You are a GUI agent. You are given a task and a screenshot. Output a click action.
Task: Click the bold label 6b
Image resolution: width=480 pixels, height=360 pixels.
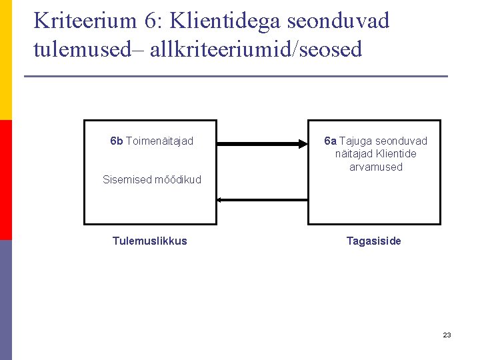117,141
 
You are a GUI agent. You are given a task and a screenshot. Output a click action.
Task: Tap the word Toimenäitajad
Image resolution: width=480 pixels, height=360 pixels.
159,141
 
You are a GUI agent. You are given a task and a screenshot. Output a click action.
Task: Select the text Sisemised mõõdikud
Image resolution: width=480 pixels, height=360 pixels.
152,179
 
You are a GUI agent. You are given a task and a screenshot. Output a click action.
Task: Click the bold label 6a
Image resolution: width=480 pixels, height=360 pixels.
330,141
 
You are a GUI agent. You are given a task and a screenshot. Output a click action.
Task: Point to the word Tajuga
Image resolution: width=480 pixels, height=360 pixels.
356,141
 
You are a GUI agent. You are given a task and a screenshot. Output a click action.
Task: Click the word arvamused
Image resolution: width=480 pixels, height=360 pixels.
376,167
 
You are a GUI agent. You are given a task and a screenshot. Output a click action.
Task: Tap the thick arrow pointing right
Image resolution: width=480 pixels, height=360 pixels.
262,144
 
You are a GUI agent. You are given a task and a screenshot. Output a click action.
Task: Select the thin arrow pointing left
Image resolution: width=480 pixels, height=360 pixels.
262,199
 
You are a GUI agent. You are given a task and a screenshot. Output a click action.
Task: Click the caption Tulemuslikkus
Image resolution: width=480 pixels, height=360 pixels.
150,241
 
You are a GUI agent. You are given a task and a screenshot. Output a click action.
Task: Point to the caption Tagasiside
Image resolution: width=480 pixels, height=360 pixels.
374,241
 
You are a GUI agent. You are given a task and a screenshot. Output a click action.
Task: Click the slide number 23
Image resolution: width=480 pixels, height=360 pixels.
447,335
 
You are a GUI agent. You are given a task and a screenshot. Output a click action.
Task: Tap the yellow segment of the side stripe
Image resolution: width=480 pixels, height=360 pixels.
5,60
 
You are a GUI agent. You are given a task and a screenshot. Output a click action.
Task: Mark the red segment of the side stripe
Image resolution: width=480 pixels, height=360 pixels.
5,180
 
